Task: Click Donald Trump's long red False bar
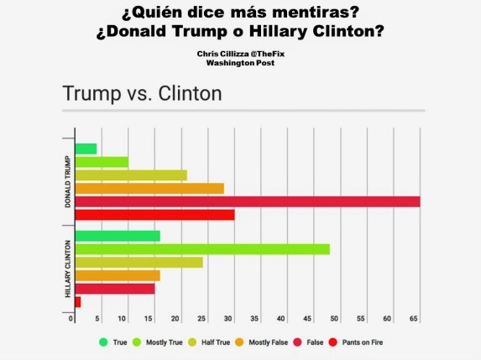[247, 201]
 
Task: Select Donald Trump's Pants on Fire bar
[154, 215]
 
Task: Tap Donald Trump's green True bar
[86, 149]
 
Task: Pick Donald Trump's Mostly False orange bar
[149, 188]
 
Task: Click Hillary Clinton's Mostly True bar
[201, 249]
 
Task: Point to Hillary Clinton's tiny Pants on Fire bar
[78, 301]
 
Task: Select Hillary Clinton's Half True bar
[139, 262]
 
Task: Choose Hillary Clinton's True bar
[118, 236]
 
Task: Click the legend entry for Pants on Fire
[355, 342]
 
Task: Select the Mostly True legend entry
[163, 342]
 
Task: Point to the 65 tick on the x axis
[414, 319]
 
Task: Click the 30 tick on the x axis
[228, 319]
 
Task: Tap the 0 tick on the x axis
[71, 319]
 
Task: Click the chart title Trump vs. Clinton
[142, 93]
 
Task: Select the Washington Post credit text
[240, 62]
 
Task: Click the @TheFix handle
[264, 53]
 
